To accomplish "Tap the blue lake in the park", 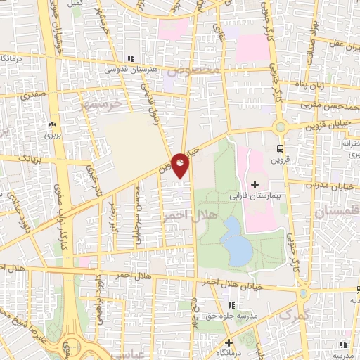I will coord(233,242).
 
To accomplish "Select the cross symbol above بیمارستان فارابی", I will coord(254,184).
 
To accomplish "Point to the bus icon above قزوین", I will coord(281,148).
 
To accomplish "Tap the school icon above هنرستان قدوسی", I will coord(129,58).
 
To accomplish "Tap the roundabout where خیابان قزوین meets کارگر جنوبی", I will coord(281,127).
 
